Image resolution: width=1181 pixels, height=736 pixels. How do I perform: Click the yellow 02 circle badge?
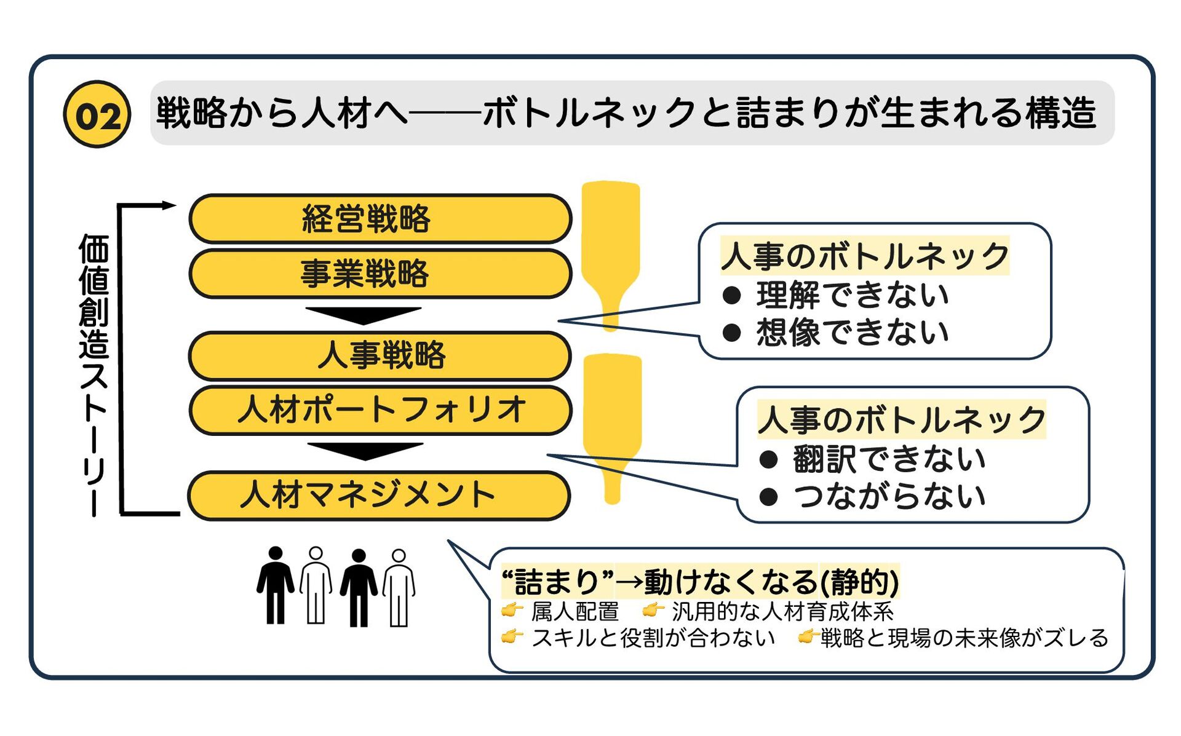[x=97, y=114]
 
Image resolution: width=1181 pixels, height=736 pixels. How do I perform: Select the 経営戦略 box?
[x=380, y=219]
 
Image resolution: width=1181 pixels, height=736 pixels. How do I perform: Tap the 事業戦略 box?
[x=380, y=274]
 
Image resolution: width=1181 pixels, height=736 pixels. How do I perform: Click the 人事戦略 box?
[x=380, y=355]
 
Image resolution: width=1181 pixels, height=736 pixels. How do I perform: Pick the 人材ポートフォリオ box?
[x=380, y=410]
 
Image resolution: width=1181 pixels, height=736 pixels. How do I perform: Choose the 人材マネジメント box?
[x=379, y=496]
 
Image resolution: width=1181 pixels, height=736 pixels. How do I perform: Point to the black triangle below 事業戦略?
[x=364, y=315]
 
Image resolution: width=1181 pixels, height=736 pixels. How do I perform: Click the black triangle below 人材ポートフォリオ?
[x=365, y=451]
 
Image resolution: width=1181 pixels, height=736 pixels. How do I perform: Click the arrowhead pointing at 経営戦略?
[x=169, y=205]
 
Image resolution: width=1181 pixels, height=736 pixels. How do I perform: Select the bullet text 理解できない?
[x=853, y=295]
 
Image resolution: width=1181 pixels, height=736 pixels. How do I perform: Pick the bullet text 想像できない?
[x=853, y=333]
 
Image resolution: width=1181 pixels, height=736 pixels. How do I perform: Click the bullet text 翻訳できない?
[x=889, y=459]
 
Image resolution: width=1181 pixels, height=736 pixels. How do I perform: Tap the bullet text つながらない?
[x=889, y=496]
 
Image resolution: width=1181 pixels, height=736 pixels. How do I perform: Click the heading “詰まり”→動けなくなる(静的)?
[x=701, y=581]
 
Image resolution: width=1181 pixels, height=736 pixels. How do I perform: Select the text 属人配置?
[x=575, y=612]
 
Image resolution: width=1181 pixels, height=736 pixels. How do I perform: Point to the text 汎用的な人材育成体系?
[x=782, y=612]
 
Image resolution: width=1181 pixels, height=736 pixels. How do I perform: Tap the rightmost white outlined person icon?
[x=399, y=588]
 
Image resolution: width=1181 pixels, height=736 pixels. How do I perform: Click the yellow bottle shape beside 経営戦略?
[x=611, y=246]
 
